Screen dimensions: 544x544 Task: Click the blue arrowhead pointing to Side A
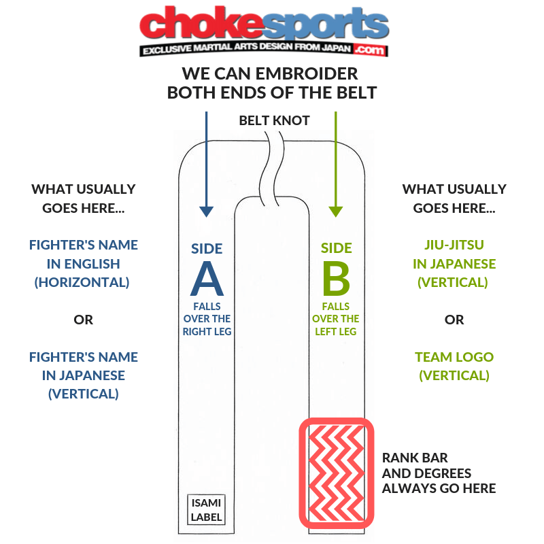(206, 210)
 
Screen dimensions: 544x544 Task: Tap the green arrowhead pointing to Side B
(335, 210)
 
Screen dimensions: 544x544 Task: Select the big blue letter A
(207, 278)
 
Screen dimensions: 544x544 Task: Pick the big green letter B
(336, 278)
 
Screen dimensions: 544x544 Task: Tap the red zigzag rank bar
(337, 474)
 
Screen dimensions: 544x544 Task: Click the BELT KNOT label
(274, 121)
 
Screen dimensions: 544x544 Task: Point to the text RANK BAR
(415, 458)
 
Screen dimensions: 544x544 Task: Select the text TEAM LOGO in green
(454, 357)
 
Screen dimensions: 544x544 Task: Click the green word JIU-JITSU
(454, 245)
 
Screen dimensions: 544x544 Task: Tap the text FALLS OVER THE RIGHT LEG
(207, 319)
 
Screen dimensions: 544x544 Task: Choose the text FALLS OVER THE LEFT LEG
(336, 319)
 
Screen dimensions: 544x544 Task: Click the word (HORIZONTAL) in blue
(82, 282)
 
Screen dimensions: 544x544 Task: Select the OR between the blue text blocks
(83, 320)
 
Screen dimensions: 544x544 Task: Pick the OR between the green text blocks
(454, 320)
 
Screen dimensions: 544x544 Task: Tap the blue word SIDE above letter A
(207, 248)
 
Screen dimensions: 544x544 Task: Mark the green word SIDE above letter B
(336, 248)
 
